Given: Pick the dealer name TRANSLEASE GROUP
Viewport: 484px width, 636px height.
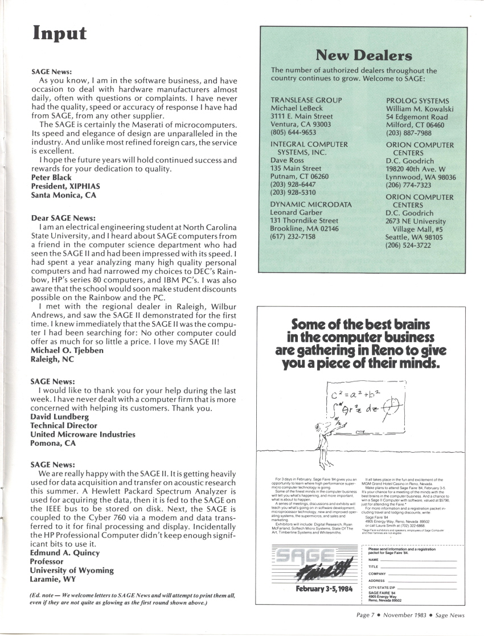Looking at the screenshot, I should pyautogui.click(x=306, y=100).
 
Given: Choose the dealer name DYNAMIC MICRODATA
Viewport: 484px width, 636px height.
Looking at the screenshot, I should pyautogui.click(x=311, y=204).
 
